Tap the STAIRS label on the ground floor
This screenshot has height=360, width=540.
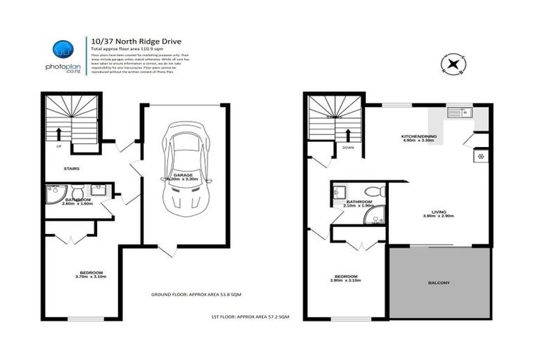coord(71,169)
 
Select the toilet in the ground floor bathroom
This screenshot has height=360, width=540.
coord(77,191)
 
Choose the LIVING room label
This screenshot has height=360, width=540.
coord(439,212)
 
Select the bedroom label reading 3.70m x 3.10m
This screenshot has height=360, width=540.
coord(91,275)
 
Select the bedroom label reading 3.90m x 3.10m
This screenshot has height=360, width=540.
coord(345,278)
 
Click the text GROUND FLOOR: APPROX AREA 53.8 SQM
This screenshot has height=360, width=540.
coord(199,294)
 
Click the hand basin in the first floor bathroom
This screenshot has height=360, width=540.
coord(340,191)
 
